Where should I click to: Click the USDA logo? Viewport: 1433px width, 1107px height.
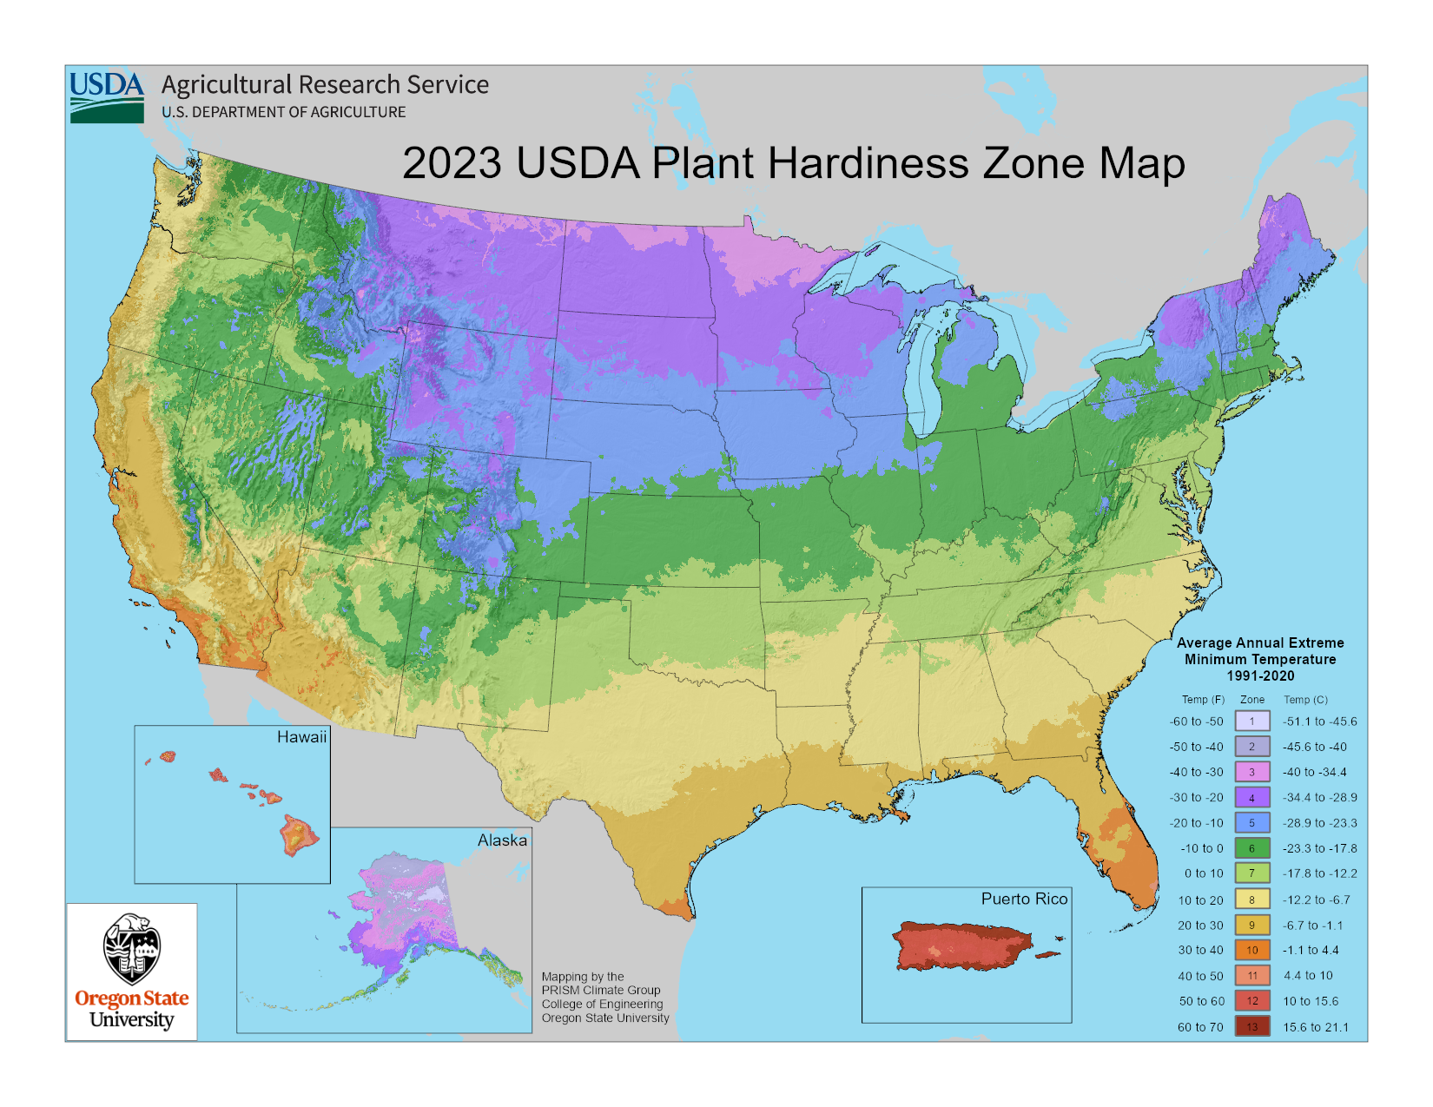tap(107, 96)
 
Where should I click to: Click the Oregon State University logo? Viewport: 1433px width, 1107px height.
tap(132, 972)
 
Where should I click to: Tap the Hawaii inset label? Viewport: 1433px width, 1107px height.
tap(301, 737)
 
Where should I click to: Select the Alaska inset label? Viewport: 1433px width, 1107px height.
tap(502, 840)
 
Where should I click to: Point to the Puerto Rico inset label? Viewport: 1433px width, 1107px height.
tap(1024, 899)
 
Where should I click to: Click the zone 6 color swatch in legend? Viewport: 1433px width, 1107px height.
tap(1251, 848)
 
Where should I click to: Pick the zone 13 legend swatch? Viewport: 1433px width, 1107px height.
tap(1251, 1027)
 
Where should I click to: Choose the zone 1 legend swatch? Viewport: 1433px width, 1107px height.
tap(1251, 722)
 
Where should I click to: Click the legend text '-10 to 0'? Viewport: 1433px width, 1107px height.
tap(1201, 848)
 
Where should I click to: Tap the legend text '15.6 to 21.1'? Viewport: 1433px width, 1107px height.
tap(1315, 1027)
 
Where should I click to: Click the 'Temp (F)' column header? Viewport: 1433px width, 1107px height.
tap(1203, 700)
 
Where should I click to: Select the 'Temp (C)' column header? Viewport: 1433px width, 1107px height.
tap(1305, 700)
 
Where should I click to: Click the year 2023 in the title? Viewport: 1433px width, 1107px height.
tap(452, 163)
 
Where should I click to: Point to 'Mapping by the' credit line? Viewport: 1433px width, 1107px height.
tap(583, 977)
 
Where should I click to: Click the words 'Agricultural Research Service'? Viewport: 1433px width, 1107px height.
tap(325, 85)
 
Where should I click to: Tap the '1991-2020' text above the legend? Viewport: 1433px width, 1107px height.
tap(1260, 675)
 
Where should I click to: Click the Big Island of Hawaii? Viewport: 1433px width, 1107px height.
tap(298, 835)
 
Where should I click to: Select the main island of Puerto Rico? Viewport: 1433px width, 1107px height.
tap(960, 946)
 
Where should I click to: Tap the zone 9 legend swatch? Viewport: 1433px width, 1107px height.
tap(1251, 926)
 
